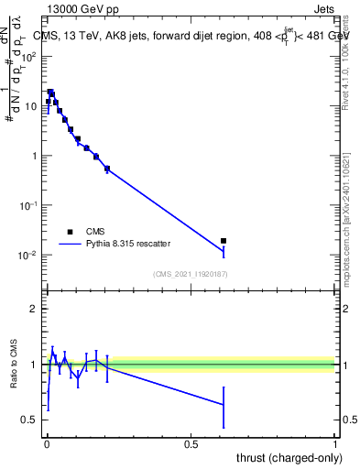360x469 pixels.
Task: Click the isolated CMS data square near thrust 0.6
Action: click(224, 241)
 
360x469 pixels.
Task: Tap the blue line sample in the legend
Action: click(71, 245)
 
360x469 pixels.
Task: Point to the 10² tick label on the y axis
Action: click(30, 57)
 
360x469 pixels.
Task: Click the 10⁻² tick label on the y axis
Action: click(30, 255)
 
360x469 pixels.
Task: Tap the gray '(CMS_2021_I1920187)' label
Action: click(190, 274)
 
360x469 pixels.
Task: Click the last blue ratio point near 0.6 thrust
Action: click(224, 405)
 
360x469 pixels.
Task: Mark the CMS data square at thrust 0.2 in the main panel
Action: click(107, 169)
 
